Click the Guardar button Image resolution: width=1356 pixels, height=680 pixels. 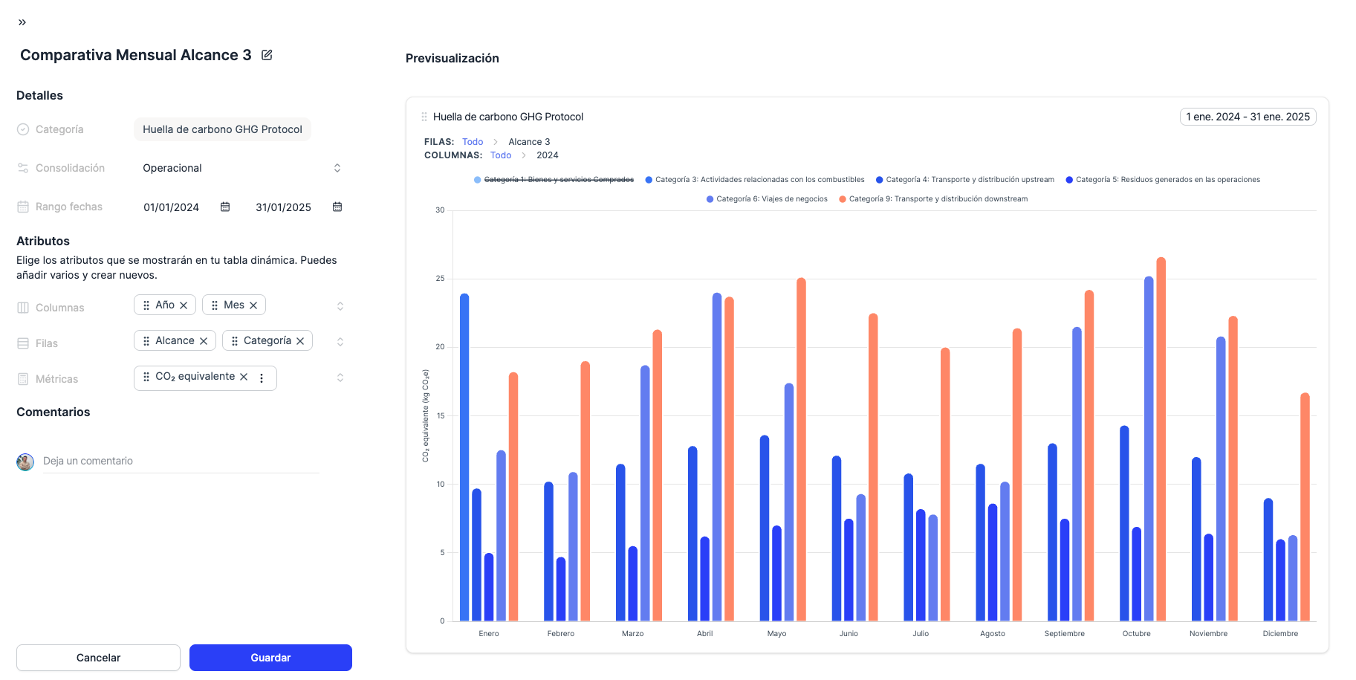tap(270, 658)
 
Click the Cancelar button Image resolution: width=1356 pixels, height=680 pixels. tap(98, 658)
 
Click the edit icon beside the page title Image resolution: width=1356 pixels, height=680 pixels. tap(267, 55)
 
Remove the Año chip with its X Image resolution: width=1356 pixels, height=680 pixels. tap(184, 305)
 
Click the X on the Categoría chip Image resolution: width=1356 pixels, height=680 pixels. tap(300, 341)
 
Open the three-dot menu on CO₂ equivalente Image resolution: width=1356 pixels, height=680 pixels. tap(262, 378)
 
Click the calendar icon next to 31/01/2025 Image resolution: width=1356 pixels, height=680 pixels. tap(337, 207)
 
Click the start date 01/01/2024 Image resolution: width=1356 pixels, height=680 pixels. tap(172, 207)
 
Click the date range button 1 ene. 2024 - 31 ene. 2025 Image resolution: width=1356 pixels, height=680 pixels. tap(1248, 117)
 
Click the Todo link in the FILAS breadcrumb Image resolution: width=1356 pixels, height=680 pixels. tap(473, 142)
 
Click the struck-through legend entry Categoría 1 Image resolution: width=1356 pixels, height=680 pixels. tap(558, 180)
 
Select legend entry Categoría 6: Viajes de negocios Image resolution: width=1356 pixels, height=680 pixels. tap(771, 199)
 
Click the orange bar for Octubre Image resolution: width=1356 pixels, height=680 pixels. tap(1161, 438)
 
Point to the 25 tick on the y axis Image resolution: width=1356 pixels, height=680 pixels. tap(440, 279)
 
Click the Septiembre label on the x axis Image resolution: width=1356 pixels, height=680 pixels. tap(1064, 634)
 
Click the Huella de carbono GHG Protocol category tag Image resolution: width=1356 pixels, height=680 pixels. tap(222, 129)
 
